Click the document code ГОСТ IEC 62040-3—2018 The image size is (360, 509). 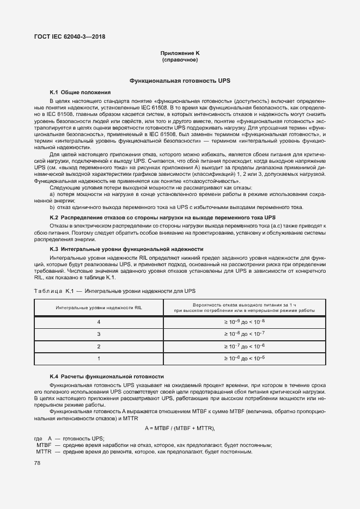(x=70, y=37)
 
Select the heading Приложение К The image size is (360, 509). (x=180, y=53)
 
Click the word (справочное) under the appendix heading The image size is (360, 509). (x=180, y=59)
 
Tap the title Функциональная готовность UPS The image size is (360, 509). (x=180, y=81)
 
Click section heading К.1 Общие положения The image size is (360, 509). (x=80, y=92)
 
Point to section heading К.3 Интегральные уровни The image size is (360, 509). (x=126, y=249)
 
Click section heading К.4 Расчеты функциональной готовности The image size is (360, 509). (x=107, y=376)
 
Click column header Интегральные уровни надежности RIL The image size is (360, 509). (x=99, y=308)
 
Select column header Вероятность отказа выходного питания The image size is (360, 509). (x=244, y=308)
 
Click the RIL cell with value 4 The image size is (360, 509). (x=99, y=322)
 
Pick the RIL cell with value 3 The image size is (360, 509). (x=99, y=334)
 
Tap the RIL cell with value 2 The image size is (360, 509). (x=99, y=346)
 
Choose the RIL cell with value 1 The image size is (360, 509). (x=99, y=358)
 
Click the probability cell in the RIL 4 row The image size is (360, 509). (x=244, y=322)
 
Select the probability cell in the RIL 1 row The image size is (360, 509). (x=244, y=358)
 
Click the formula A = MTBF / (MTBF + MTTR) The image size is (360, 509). (x=180, y=428)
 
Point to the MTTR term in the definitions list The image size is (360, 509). (x=44, y=452)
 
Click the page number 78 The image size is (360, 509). (x=37, y=463)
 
